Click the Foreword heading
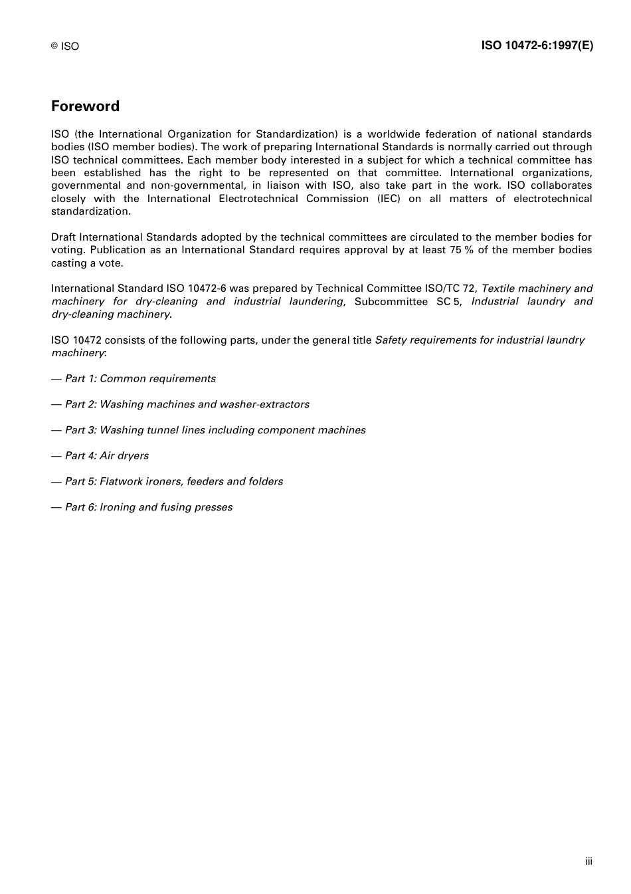tap(85, 106)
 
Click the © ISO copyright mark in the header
tap(64, 46)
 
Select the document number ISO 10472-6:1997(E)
tap(537, 45)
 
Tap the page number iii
tap(588, 861)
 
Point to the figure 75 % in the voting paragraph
tap(460, 250)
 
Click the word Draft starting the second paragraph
tap(64, 237)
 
